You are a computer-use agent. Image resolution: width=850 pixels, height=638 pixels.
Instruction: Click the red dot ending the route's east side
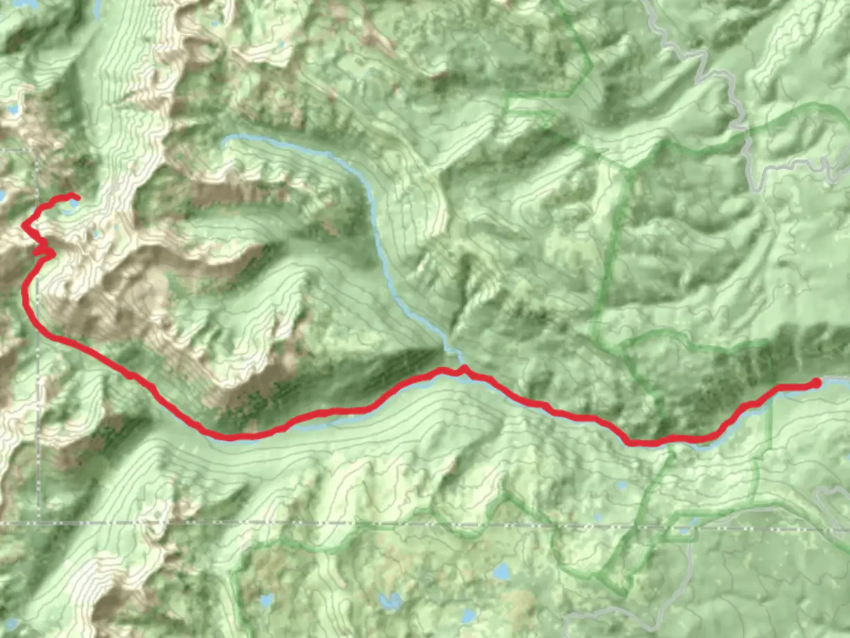click(816, 383)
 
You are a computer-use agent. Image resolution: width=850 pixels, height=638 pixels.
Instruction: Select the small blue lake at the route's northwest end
click(73, 204)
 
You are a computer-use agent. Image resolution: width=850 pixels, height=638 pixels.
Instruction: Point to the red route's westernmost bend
click(24, 225)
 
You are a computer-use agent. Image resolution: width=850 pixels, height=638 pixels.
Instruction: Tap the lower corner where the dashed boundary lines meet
click(39, 522)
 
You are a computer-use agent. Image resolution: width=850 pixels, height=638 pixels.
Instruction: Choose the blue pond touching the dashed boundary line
click(685, 530)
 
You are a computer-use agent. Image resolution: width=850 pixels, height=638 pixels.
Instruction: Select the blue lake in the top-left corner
click(11, 110)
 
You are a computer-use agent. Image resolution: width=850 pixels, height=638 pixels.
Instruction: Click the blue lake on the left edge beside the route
click(3, 196)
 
